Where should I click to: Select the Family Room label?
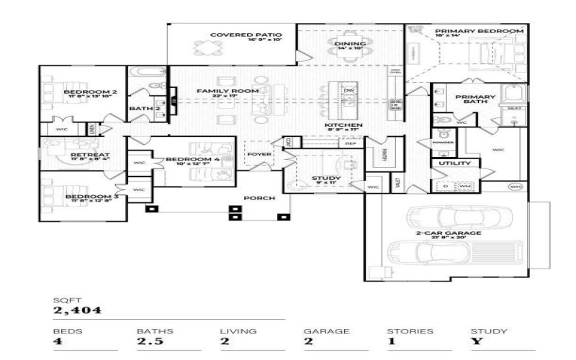pyautogui.click(x=217, y=91)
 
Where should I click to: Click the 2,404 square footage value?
pyautogui.click(x=77, y=311)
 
